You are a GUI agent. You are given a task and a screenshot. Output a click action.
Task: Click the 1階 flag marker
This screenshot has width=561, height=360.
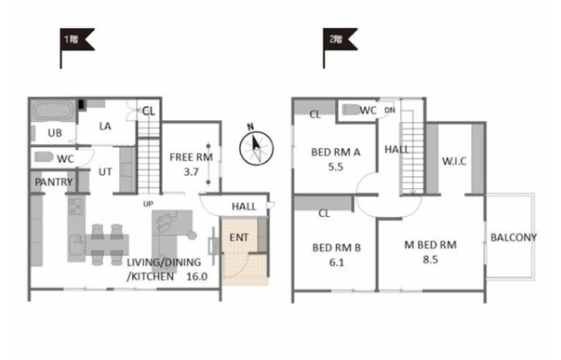pyautogui.click(x=76, y=39)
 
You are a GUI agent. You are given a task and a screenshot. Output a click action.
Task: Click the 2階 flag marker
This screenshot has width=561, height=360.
pyautogui.click(x=339, y=39)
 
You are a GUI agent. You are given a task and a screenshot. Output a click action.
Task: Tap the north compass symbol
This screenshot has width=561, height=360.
pyautogui.click(x=256, y=146)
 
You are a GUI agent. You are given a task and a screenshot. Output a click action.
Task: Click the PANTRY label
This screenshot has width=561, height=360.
pyautogui.click(x=54, y=182)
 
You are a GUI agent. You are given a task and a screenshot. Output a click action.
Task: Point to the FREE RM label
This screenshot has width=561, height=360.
pyautogui.click(x=191, y=157)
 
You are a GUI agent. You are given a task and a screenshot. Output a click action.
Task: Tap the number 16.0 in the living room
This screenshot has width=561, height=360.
pyautogui.click(x=197, y=276)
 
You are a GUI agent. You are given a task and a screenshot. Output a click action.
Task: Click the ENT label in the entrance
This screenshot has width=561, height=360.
pyautogui.click(x=238, y=237)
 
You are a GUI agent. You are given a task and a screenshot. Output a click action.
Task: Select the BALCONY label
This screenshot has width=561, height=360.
pyautogui.click(x=513, y=237)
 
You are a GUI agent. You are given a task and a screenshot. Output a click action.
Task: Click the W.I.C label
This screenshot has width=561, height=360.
pyautogui.click(x=454, y=161)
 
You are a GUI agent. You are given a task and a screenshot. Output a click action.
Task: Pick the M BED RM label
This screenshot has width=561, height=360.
pyautogui.click(x=431, y=245)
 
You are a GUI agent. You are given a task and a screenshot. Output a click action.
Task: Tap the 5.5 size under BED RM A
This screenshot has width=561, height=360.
pyautogui.click(x=336, y=167)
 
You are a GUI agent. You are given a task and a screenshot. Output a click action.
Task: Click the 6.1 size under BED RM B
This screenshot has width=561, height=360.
pyautogui.click(x=337, y=262)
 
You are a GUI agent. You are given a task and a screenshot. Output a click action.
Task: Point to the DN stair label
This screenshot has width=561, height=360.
pyautogui.click(x=390, y=110)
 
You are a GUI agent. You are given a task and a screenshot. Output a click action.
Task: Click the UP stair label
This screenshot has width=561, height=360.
pyautogui.click(x=148, y=204)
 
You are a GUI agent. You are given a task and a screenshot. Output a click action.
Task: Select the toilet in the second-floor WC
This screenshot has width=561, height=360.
pyautogui.click(x=351, y=109)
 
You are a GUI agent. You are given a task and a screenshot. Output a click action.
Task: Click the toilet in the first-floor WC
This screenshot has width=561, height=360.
pyautogui.click(x=43, y=157)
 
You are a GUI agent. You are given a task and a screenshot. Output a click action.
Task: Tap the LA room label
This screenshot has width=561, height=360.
pyautogui.click(x=105, y=126)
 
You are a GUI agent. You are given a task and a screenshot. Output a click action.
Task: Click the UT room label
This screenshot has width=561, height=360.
pyautogui.click(x=105, y=172)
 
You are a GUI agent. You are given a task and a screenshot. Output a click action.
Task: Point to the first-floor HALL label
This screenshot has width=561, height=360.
pyautogui.click(x=244, y=206)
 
